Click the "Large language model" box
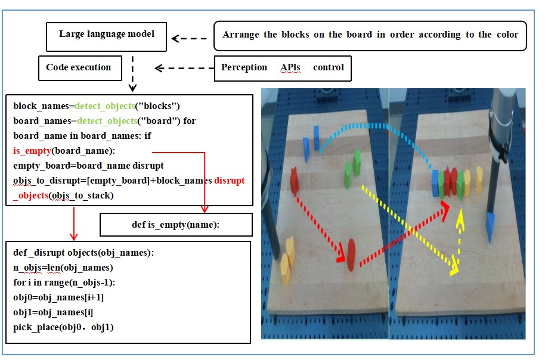point(106,35)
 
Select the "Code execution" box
point(79,68)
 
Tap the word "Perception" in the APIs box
point(244,67)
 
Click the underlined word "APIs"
point(290,67)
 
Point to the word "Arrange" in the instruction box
point(240,35)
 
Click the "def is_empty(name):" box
point(175,225)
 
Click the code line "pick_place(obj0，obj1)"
point(63,327)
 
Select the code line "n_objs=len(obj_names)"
point(63,268)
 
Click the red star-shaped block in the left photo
point(295,181)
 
